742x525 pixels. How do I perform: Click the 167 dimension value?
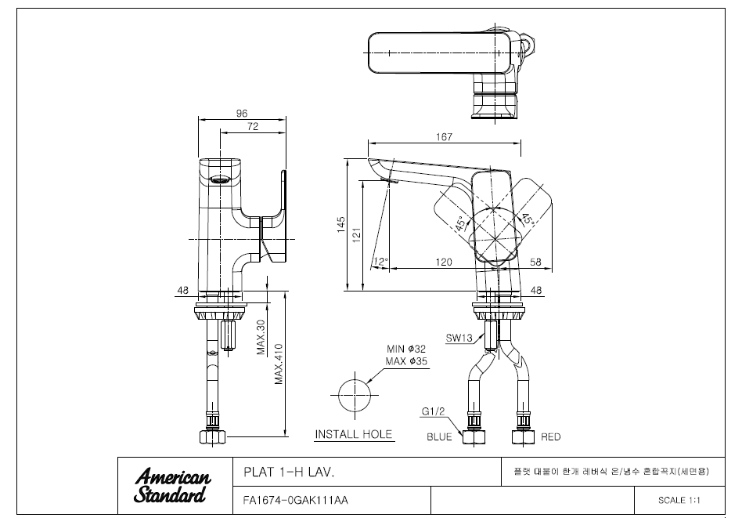click(x=444, y=137)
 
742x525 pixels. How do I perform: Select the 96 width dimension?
click(x=242, y=114)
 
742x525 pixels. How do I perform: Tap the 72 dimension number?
click(x=253, y=126)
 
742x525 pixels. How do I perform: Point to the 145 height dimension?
click(x=341, y=225)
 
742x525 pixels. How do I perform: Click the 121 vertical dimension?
click(x=356, y=235)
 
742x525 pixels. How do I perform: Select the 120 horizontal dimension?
click(x=444, y=262)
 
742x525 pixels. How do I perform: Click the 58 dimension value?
click(x=535, y=262)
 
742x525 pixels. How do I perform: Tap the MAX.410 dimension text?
click(x=279, y=364)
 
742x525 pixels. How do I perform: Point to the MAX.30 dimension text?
click(x=261, y=337)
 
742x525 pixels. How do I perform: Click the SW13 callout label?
click(x=459, y=338)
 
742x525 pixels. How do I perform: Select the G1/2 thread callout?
click(x=434, y=411)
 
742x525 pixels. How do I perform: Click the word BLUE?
click(x=439, y=437)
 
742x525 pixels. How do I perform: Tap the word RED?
click(x=551, y=437)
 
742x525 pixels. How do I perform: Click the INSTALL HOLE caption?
click(x=354, y=435)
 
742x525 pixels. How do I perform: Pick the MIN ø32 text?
click(x=406, y=349)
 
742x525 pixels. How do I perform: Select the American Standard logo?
click(x=173, y=486)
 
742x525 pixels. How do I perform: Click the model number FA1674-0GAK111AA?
click(x=295, y=501)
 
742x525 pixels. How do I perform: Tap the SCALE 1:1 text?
click(x=679, y=501)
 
